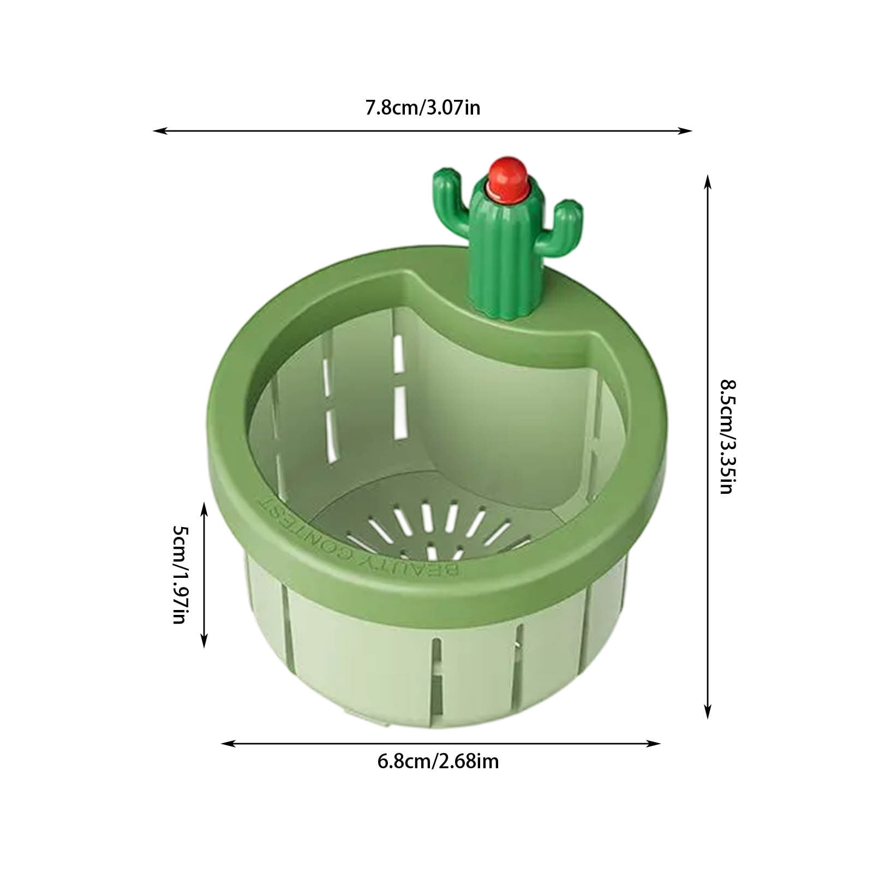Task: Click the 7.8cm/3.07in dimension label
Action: [x=422, y=108]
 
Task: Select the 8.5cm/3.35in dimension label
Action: [x=726, y=436]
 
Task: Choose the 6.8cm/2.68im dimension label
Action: [x=438, y=761]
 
